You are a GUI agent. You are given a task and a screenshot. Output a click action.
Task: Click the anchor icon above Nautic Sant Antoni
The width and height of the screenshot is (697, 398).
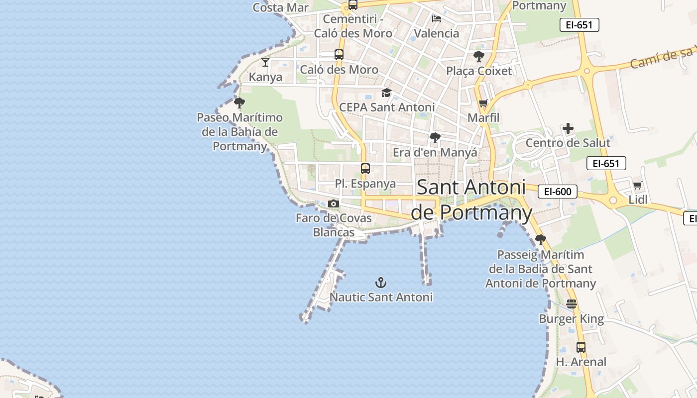[381, 283]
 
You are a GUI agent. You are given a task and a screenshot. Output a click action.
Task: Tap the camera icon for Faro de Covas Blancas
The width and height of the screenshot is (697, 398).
[334, 203]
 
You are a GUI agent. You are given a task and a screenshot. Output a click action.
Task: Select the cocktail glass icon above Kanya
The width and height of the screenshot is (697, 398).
[265, 62]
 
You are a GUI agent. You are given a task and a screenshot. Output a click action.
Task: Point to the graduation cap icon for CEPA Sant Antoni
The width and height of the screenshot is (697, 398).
[386, 93]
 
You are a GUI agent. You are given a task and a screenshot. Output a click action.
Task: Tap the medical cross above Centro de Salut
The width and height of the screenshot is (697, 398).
[568, 129]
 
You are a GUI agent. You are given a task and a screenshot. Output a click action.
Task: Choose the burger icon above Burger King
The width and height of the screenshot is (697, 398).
[572, 304]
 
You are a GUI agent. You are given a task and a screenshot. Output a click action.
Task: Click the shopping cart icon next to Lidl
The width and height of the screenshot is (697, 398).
[637, 186]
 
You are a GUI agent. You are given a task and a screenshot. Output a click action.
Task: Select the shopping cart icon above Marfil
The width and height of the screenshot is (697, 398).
[483, 103]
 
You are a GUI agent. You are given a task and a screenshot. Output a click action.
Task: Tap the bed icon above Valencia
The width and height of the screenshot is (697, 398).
[437, 19]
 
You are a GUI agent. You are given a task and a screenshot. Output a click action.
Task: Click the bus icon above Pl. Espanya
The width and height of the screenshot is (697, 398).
[365, 169]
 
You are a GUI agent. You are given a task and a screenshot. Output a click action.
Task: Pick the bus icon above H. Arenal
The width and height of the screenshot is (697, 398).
[581, 347]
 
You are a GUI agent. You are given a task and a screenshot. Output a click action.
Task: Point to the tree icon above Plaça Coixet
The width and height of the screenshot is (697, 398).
[479, 56]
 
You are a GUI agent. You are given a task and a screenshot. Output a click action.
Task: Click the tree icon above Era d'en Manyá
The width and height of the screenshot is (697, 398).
[435, 138]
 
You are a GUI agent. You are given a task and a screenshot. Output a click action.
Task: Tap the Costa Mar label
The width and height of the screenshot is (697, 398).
[280, 7]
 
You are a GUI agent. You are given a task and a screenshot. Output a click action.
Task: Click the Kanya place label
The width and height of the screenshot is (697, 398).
[265, 77]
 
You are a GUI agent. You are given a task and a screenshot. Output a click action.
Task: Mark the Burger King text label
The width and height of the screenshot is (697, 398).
[571, 319]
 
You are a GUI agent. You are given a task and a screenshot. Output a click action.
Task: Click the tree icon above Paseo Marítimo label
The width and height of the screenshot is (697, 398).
[239, 103]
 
